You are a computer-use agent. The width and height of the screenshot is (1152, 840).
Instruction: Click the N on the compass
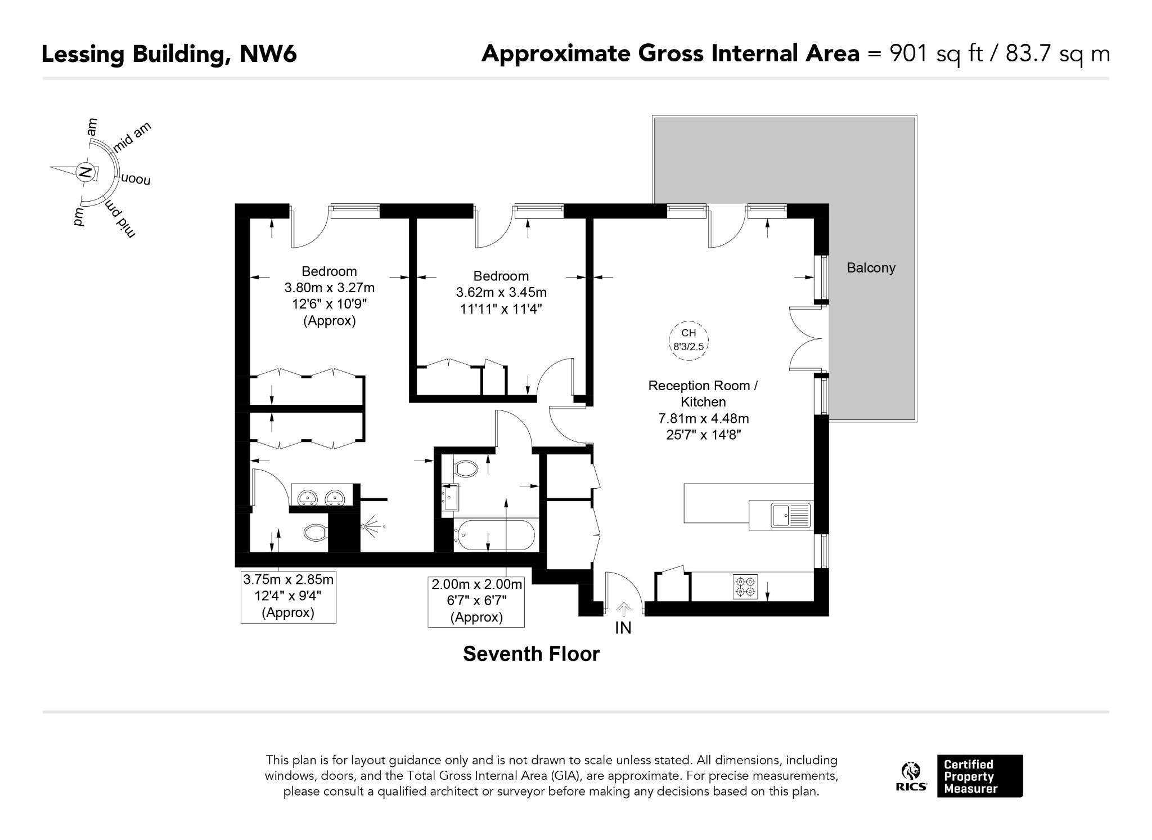click(x=85, y=172)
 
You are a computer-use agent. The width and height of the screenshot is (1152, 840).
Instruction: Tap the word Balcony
click(x=871, y=268)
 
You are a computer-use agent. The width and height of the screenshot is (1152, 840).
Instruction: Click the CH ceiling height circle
click(x=688, y=341)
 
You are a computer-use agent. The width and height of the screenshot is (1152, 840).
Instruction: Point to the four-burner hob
click(x=745, y=586)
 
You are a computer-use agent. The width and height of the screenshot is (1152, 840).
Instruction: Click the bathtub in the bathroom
click(x=494, y=535)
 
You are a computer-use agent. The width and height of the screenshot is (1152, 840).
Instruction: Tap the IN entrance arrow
click(x=623, y=609)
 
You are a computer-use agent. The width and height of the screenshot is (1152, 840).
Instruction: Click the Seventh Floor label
click(x=531, y=654)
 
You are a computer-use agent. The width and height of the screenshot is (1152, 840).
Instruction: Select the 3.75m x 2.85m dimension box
click(x=288, y=597)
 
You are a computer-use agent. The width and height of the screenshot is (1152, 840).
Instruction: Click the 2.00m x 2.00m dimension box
click(x=476, y=601)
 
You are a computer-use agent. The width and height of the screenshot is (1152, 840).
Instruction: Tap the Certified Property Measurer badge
click(x=980, y=776)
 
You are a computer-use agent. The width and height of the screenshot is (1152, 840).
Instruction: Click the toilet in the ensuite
click(x=315, y=532)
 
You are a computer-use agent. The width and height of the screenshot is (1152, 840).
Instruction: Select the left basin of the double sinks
click(x=307, y=498)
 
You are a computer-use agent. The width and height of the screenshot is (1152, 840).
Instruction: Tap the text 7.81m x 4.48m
click(x=704, y=418)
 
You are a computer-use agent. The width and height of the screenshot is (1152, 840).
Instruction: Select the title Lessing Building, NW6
click(x=169, y=55)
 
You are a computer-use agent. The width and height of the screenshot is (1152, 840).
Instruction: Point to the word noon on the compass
click(x=136, y=180)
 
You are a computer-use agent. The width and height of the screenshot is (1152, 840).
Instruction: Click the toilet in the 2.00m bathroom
click(x=465, y=468)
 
